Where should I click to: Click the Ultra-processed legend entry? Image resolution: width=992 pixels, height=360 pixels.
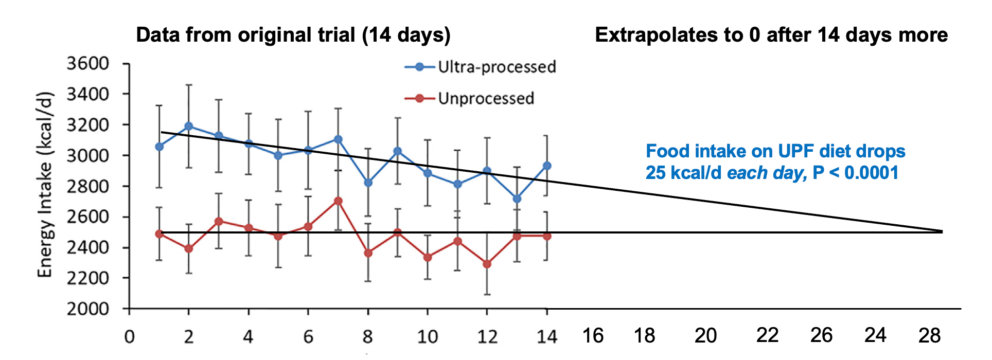(497, 67)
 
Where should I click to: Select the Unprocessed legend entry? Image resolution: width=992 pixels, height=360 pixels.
(486, 98)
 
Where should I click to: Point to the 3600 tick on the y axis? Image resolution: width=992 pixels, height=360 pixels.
(88, 63)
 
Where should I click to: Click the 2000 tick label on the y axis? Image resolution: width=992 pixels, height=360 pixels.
(88, 309)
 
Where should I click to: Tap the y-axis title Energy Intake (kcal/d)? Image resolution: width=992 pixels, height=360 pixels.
(45, 185)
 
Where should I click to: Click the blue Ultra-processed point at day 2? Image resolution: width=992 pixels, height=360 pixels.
(189, 126)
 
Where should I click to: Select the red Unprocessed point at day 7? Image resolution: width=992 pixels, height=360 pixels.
(338, 201)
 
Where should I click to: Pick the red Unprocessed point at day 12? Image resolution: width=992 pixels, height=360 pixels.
(487, 264)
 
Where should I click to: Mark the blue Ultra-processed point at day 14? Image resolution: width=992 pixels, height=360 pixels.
(547, 166)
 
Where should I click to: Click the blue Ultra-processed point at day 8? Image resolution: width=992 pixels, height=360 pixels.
(368, 183)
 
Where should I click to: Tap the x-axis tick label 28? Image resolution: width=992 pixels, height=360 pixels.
(929, 336)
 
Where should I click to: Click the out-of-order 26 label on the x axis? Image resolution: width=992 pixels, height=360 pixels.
(821, 336)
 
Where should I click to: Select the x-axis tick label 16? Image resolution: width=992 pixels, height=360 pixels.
(593, 336)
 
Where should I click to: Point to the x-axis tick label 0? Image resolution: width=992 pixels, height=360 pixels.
(129, 337)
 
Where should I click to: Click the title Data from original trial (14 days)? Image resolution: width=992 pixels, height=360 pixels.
(293, 35)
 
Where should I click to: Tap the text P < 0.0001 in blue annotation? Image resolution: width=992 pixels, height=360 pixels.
(855, 173)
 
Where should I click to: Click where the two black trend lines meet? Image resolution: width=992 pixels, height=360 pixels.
(941, 232)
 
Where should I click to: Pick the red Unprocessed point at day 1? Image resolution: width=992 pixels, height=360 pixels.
(159, 234)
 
